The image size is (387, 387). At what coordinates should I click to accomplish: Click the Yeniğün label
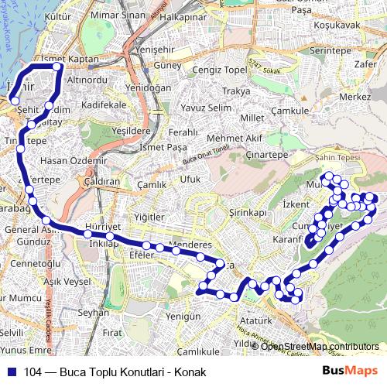coord(183,316)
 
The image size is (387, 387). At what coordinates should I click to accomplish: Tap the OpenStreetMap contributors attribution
coord(320,346)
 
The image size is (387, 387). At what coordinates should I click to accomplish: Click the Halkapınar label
coord(185,15)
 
